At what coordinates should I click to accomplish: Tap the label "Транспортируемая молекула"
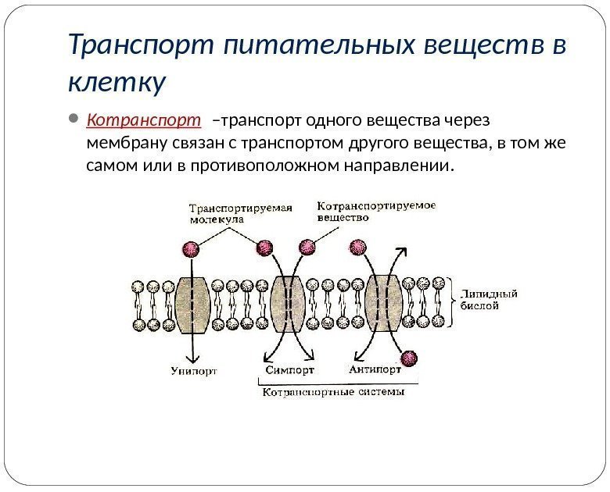click(240, 213)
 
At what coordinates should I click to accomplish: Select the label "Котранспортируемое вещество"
click(375, 211)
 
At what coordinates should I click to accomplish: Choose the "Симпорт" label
click(289, 370)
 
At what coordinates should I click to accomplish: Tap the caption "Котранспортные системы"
click(333, 393)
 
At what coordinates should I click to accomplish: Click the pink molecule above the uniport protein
click(189, 248)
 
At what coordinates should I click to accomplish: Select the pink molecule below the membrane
click(409, 358)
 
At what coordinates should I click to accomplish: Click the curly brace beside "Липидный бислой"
click(454, 301)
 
